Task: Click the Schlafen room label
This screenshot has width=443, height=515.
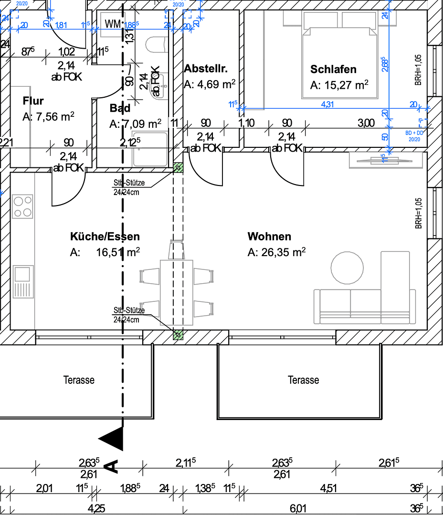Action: click(333, 69)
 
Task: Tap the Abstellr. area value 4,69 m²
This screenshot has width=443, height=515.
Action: click(210, 84)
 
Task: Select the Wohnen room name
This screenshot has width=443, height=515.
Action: click(269, 237)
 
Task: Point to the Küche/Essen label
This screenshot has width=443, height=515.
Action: click(105, 237)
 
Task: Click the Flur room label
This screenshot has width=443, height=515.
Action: click(33, 101)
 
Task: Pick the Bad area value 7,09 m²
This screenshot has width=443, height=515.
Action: click(135, 124)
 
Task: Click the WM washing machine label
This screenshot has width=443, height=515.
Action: click(113, 24)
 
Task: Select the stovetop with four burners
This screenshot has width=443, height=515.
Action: click(23, 206)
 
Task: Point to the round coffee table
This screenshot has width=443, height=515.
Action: click(348, 268)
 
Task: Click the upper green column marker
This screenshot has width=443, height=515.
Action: click(178, 167)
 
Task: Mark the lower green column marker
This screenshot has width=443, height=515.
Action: click(178, 335)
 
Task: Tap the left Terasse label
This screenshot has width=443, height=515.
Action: click(79, 380)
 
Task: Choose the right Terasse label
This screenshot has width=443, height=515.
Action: click(304, 380)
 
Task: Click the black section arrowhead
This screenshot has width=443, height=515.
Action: click(111, 438)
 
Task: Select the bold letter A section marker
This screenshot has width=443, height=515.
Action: click(112, 465)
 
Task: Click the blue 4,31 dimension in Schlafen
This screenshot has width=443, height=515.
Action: click(327, 104)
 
